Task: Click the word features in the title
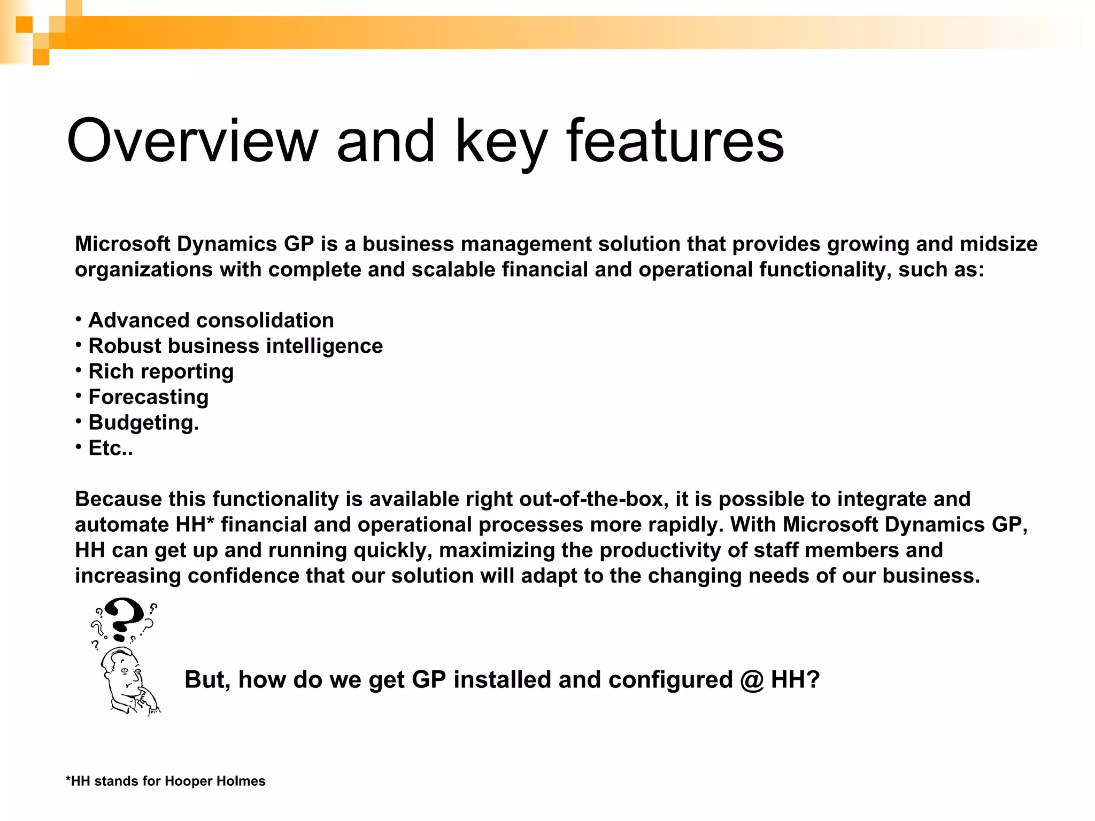675,142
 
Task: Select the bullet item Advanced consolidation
211,321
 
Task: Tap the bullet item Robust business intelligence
235,346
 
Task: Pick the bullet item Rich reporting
160,372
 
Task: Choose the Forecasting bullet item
148,397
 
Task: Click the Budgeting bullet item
143,423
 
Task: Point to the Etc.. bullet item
110,448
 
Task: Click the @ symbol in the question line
752,680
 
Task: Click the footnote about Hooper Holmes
165,781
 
